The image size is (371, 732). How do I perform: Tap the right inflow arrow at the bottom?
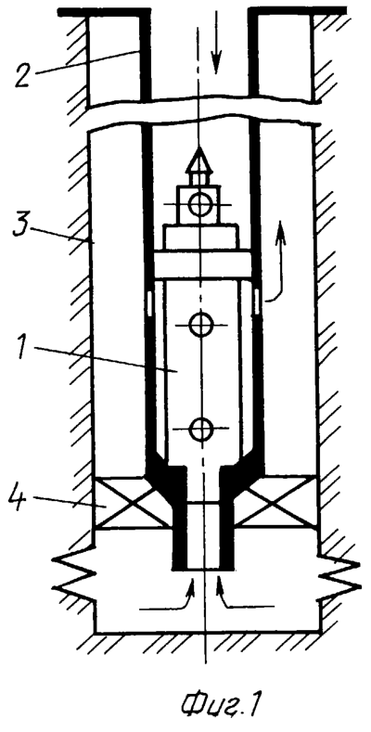245,592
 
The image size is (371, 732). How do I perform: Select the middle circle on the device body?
201,324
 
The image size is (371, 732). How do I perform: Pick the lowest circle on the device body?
201,428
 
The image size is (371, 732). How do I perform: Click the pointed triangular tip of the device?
199,161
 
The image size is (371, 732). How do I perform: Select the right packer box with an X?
275,502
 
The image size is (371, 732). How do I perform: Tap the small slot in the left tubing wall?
149,302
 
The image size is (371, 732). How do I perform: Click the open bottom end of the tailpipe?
202,569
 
